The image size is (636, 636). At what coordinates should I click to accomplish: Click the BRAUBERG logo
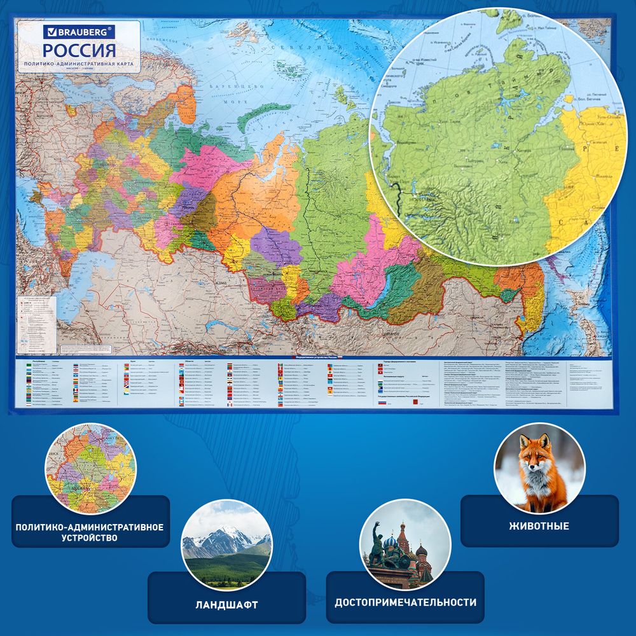[79, 30]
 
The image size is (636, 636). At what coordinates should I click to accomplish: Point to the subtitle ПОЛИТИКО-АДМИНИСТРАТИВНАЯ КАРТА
[79, 66]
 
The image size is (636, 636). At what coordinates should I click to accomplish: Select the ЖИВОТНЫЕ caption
[539, 526]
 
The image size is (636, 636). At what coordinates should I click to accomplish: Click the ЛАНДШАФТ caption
[226, 604]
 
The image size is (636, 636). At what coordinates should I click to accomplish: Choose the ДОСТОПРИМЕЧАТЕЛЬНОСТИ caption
[406, 602]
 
